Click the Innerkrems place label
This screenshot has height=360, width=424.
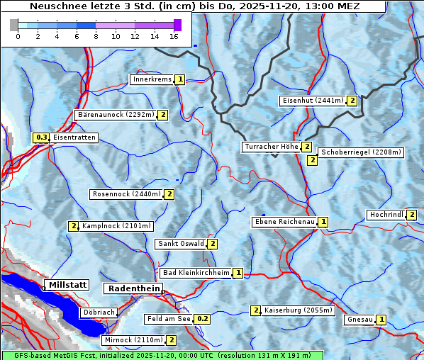152,79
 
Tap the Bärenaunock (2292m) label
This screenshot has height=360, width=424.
115,114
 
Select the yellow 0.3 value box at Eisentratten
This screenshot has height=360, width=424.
41,137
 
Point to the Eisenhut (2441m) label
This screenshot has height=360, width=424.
312,101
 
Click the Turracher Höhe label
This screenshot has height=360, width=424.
271,147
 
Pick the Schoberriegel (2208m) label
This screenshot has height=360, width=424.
361,152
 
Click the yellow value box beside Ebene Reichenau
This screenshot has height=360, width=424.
323,222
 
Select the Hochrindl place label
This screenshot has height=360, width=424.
386,215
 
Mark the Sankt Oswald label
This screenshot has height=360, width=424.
180,244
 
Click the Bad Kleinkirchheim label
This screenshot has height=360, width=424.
196,273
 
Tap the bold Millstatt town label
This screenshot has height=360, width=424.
67,285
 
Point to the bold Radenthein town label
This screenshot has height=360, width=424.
133,288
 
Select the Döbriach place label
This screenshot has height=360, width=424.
98,312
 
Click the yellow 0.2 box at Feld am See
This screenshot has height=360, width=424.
203,319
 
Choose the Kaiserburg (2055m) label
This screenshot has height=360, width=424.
294,310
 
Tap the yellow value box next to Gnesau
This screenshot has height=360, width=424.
381,320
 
